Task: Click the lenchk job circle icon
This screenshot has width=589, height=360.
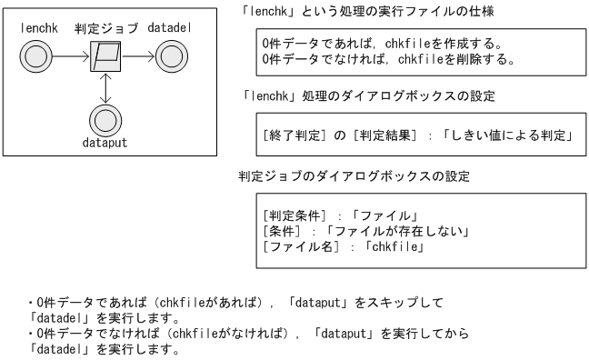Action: click(x=38, y=59)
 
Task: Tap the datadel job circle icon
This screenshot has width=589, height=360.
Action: click(x=172, y=59)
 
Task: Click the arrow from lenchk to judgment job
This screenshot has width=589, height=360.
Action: click(x=72, y=59)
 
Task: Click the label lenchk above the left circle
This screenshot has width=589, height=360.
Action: click(x=38, y=28)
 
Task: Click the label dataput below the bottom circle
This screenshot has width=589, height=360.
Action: click(x=105, y=144)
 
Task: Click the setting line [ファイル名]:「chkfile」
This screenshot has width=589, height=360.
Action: click(x=345, y=247)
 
